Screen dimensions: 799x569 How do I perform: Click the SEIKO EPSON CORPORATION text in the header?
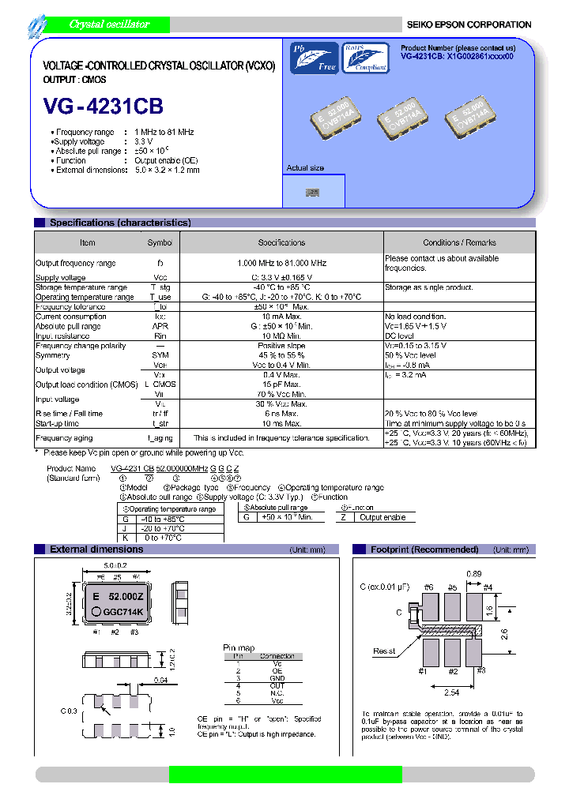[x=469, y=24]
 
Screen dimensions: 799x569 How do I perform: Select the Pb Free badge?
[x=313, y=58]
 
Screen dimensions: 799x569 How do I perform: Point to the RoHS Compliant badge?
[x=365, y=58]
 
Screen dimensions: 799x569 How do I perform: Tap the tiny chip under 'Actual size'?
[x=313, y=192]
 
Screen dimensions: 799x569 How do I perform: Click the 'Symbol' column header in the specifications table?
[x=160, y=242]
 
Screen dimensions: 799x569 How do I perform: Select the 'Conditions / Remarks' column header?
[x=459, y=242]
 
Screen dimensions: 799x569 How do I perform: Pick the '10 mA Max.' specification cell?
[x=281, y=317]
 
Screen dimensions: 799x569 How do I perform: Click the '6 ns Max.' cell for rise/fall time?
[x=281, y=413]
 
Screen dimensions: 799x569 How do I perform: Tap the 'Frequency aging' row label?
[x=65, y=437]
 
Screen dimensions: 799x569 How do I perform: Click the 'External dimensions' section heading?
[x=96, y=549]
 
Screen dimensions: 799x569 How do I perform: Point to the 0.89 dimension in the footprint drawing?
[x=473, y=574]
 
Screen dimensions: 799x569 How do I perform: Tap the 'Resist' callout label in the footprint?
[x=385, y=651]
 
